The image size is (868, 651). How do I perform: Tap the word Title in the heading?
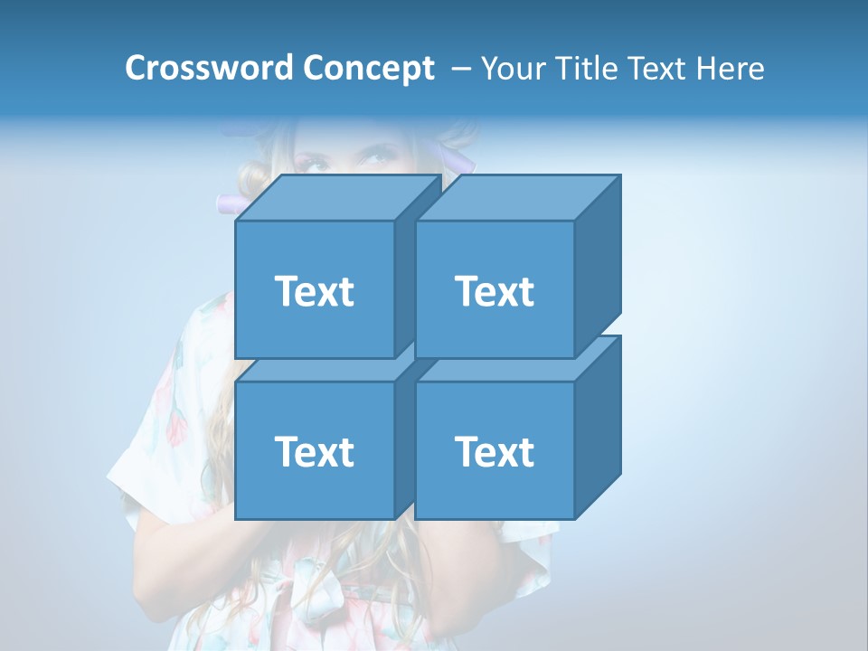point(585,68)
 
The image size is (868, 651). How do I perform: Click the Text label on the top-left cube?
point(315,291)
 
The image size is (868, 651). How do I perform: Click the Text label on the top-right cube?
point(495,291)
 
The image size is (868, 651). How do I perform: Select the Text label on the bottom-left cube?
point(315,451)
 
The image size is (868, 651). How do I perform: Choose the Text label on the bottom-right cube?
point(495,451)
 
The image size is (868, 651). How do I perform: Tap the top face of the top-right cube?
point(518,198)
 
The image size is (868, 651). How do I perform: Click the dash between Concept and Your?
point(459,69)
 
